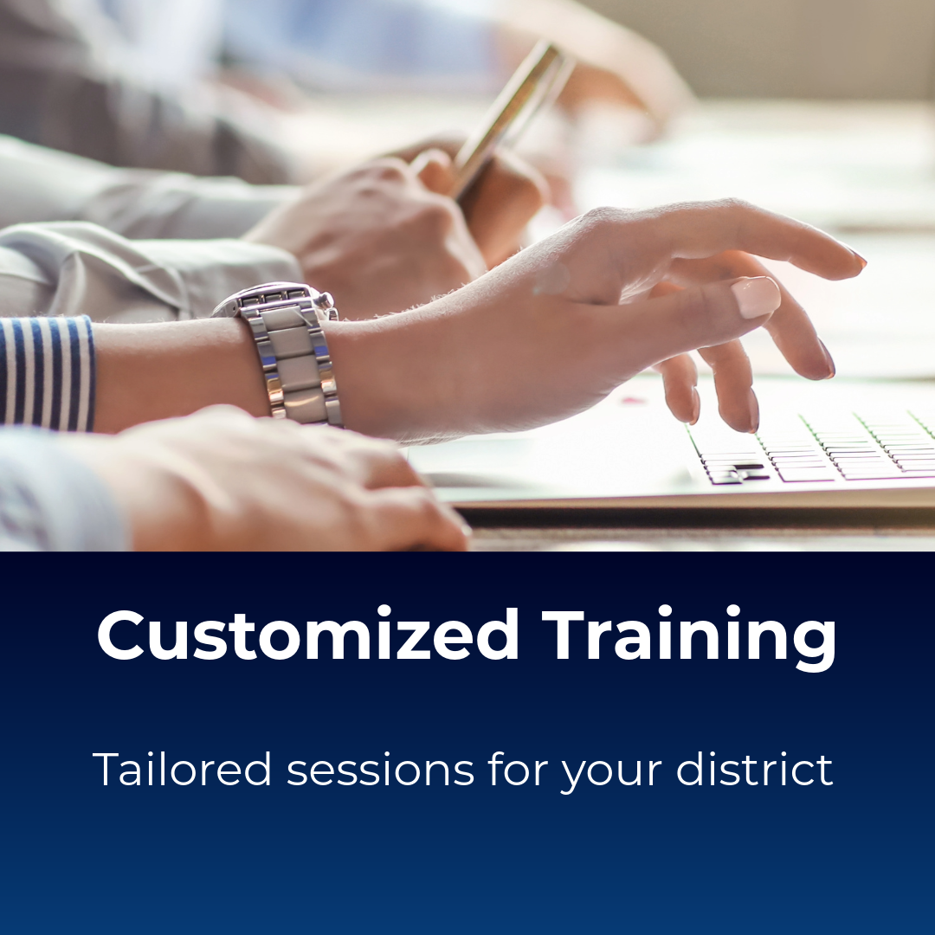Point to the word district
coord(754,769)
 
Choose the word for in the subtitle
coord(519,769)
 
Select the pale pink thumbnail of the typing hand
coord(755,297)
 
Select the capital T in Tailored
coord(106,769)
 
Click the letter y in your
coord(572,775)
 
